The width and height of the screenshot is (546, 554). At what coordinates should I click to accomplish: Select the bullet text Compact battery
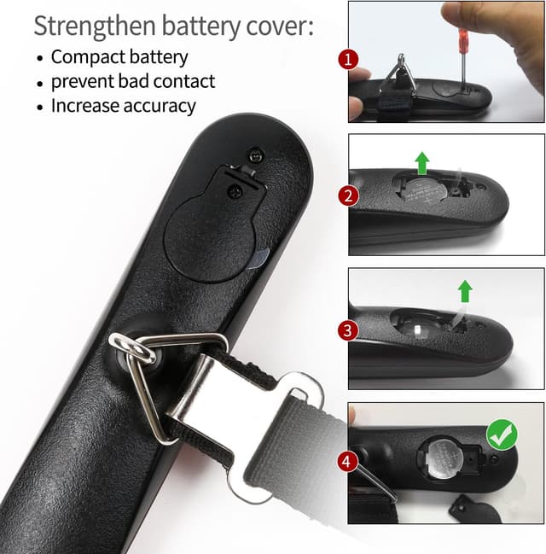[119, 57]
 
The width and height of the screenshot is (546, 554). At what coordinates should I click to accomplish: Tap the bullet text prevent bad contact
[133, 82]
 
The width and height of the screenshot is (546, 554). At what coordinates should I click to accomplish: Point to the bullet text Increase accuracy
[123, 106]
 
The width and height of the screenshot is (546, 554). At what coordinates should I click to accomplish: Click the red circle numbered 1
[347, 60]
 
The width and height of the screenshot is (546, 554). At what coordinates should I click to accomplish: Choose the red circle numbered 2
[347, 195]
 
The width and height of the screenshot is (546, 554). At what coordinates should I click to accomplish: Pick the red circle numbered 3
[347, 330]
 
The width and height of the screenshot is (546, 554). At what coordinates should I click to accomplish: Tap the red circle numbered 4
[347, 462]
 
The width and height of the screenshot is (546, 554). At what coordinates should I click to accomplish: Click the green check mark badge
[501, 434]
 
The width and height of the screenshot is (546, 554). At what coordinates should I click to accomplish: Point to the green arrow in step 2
[421, 162]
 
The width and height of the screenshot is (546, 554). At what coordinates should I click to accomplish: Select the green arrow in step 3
[464, 292]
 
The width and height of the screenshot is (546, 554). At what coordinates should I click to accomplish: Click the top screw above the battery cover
[253, 154]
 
